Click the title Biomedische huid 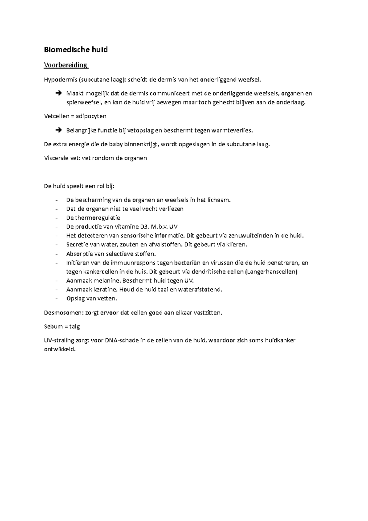pyautogui.click(x=76, y=50)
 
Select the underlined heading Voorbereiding pyautogui.click(x=66, y=65)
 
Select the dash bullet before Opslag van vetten pyautogui.click(x=57, y=298)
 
